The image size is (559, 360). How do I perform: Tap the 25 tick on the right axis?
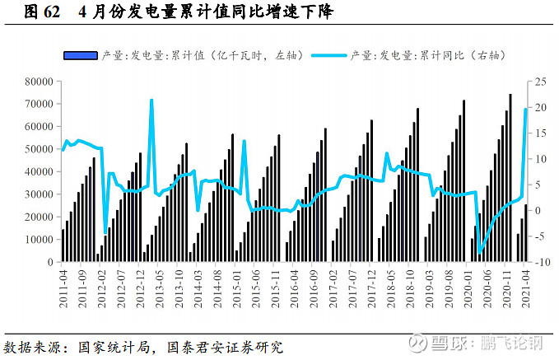click(540, 82)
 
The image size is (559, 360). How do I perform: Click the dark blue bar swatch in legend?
click(80, 55)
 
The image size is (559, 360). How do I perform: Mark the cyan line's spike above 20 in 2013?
click(151, 101)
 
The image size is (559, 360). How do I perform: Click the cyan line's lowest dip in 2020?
click(480, 251)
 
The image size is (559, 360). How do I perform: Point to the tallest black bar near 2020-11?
click(510, 95)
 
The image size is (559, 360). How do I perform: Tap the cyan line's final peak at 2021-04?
click(526, 110)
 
